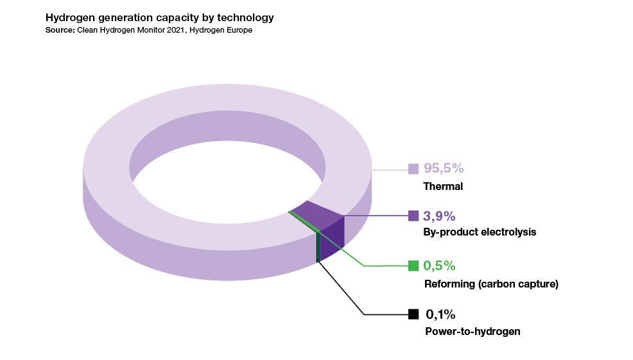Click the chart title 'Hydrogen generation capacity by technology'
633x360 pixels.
(x=159, y=18)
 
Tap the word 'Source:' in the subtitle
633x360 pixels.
(x=60, y=30)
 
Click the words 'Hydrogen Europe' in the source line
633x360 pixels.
(x=221, y=30)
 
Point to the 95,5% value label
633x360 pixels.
(x=444, y=168)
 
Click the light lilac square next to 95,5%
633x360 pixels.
(x=413, y=169)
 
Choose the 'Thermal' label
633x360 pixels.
(x=443, y=187)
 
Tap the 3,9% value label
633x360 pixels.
(x=439, y=216)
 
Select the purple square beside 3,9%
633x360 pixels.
(x=413, y=216)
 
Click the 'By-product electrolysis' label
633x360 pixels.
(x=480, y=232)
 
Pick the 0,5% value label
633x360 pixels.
(x=439, y=266)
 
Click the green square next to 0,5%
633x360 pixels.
(x=413, y=266)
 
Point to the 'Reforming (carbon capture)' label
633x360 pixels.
(x=491, y=284)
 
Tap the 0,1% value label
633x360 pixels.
(x=440, y=314)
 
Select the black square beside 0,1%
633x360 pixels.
(x=413, y=314)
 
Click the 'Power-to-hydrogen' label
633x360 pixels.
(x=473, y=332)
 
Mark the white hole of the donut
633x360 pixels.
(x=228, y=182)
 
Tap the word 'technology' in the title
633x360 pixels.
(x=245, y=18)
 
